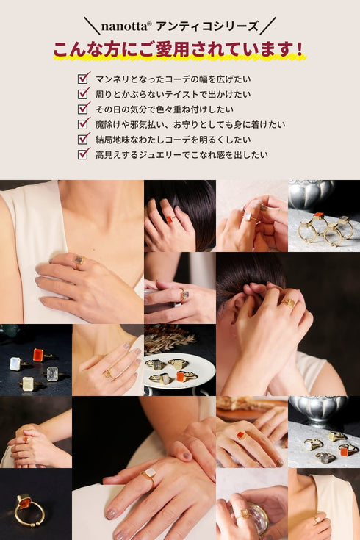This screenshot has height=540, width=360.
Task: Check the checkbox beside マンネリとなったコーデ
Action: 83,78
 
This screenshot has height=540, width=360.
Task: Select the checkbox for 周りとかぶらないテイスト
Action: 83,93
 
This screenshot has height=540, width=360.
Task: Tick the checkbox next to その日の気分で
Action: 83,109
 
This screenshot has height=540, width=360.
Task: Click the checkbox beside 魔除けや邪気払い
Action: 83,123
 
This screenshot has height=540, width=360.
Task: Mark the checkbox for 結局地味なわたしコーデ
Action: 83,139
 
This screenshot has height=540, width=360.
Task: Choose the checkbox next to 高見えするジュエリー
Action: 83,154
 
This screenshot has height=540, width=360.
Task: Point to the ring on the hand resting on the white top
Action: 79,262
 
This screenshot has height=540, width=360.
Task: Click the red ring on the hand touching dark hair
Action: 168,220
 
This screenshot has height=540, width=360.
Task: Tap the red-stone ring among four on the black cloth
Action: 37,355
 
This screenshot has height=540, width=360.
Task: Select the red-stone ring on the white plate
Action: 180,376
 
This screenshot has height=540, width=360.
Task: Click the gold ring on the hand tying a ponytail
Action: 289,303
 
